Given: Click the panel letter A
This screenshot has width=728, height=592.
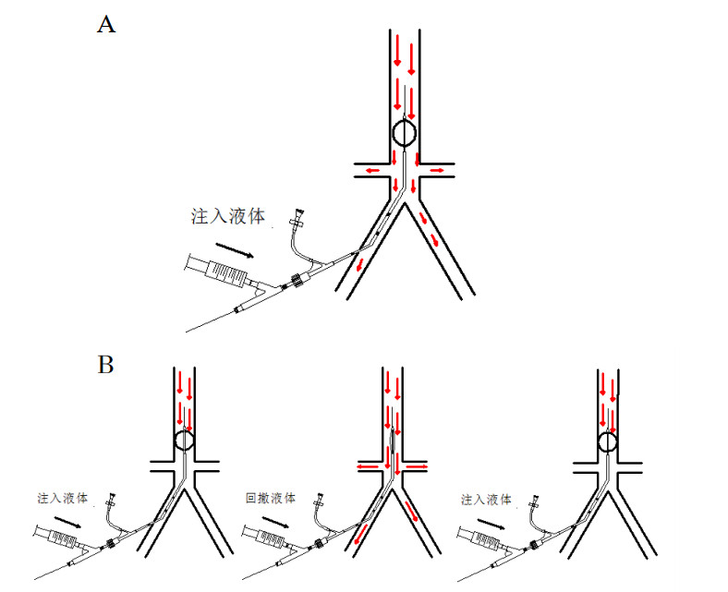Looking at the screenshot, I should (x=106, y=25).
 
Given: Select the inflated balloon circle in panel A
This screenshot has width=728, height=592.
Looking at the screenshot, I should (x=405, y=134).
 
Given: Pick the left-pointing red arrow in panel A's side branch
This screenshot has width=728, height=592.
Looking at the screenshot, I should (x=373, y=172).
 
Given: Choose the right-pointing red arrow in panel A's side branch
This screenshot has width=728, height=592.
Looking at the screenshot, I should (x=435, y=172).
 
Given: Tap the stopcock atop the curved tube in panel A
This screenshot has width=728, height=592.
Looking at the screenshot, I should (x=297, y=220).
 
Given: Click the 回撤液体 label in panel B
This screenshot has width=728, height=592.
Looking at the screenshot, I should (x=271, y=498).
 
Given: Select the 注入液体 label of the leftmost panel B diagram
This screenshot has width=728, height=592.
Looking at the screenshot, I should (x=64, y=498).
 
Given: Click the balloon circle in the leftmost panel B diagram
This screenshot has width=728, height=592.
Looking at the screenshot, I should (x=185, y=441).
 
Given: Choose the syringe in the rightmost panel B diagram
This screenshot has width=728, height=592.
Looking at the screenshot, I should (x=478, y=537).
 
